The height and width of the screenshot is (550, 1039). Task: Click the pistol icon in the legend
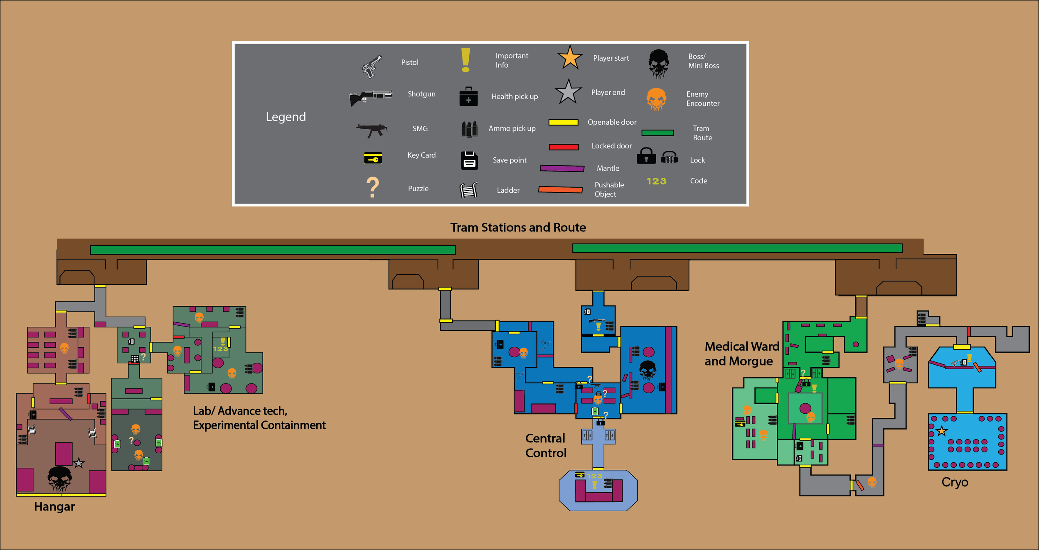(x=371, y=66)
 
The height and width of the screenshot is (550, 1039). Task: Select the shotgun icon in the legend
(x=370, y=97)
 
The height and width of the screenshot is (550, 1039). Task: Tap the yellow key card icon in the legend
(x=373, y=158)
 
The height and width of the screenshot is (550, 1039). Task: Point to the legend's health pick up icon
(x=468, y=97)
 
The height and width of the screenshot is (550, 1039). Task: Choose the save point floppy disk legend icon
(x=469, y=160)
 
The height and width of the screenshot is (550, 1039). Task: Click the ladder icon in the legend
(x=468, y=190)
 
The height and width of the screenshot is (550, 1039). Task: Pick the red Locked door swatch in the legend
(x=564, y=147)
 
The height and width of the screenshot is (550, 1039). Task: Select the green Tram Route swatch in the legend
(x=657, y=133)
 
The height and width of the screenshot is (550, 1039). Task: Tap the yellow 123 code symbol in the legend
(x=656, y=181)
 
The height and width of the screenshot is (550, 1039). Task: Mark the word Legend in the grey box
(x=286, y=117)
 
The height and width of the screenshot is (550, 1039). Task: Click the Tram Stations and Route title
(x=518, y=228)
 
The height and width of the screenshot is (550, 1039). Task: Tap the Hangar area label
(x=54, y=507)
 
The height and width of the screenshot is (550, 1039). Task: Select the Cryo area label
(x=955, y=482)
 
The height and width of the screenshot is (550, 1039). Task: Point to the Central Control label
(x=546, y=446)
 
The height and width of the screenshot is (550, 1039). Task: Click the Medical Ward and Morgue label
(x=742, y=354)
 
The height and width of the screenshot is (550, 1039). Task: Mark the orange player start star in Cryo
(x=942, y=431)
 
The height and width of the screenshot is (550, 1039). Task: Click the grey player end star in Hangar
(x=79, y=463)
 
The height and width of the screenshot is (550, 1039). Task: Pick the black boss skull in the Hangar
(x=59, y=479)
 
